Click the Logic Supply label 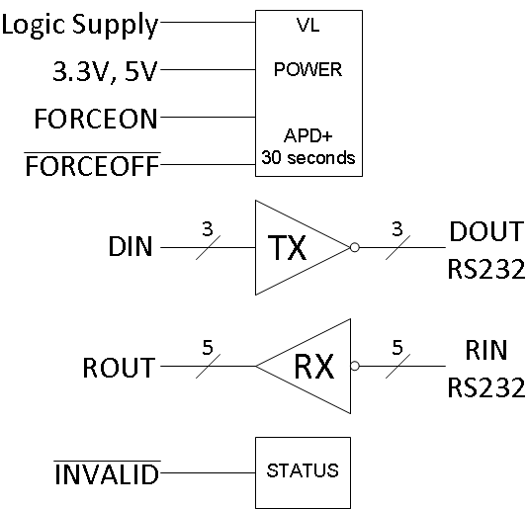pyautogui.click(x=79, y=24)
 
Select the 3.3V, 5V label pyautogui.click(x=103, y=71)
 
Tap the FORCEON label pyautogui.click(x=95, y=120)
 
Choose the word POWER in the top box pyautogui.click(x=308, y=71)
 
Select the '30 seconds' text pyautogui.click(x=308, y=158)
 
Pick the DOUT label pyautogui.click(x=485, y=232)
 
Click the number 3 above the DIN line pyautogui.click(x=208, y=229)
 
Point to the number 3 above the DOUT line pyautogui.click(x=398, y=229)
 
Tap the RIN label pyautogui.click(x=485, y=352)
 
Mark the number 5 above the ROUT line pyautogui.click(x=208, y=349)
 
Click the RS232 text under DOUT pyautogui.click(x=485, y=268)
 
